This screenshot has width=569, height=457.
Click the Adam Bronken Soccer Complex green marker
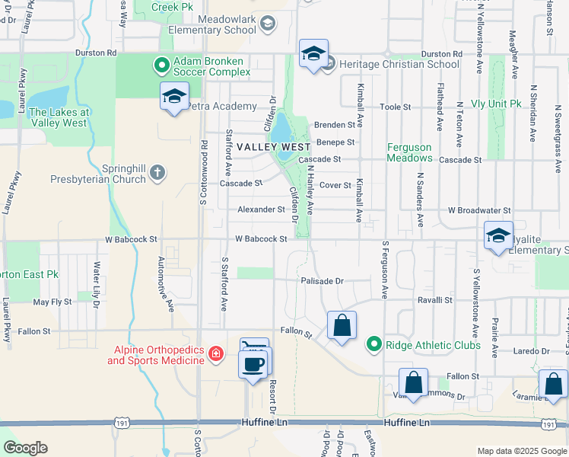(x=161, y=66)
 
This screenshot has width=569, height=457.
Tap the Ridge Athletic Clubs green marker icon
(x=374, y=345)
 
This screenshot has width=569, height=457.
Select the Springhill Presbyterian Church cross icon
(x=157, y=172)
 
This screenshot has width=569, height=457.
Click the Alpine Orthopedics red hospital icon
(x=216, y=353)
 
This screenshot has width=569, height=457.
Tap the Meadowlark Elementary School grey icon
(x=266, y=24)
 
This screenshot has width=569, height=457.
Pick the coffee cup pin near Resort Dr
(x=253, y=362)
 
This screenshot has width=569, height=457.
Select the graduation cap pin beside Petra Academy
(x=175, y=97)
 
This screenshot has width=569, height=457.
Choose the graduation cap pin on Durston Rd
(x=313, y=54)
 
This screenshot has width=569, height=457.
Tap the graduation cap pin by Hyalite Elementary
(x=498, y=236)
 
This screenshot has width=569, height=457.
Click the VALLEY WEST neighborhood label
(x=273, y=146)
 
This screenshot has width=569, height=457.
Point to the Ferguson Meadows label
(x=409, y=152)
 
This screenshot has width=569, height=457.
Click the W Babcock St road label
(x=261, y=238)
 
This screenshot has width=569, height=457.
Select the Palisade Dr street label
(x=322, y=280)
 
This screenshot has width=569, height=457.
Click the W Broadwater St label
(x=479, y=209)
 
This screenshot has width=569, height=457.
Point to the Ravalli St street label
(x=435, y=300)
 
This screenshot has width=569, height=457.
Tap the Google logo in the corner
(x=26, y=448)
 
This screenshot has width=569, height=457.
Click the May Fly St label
(x=52, y=302)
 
